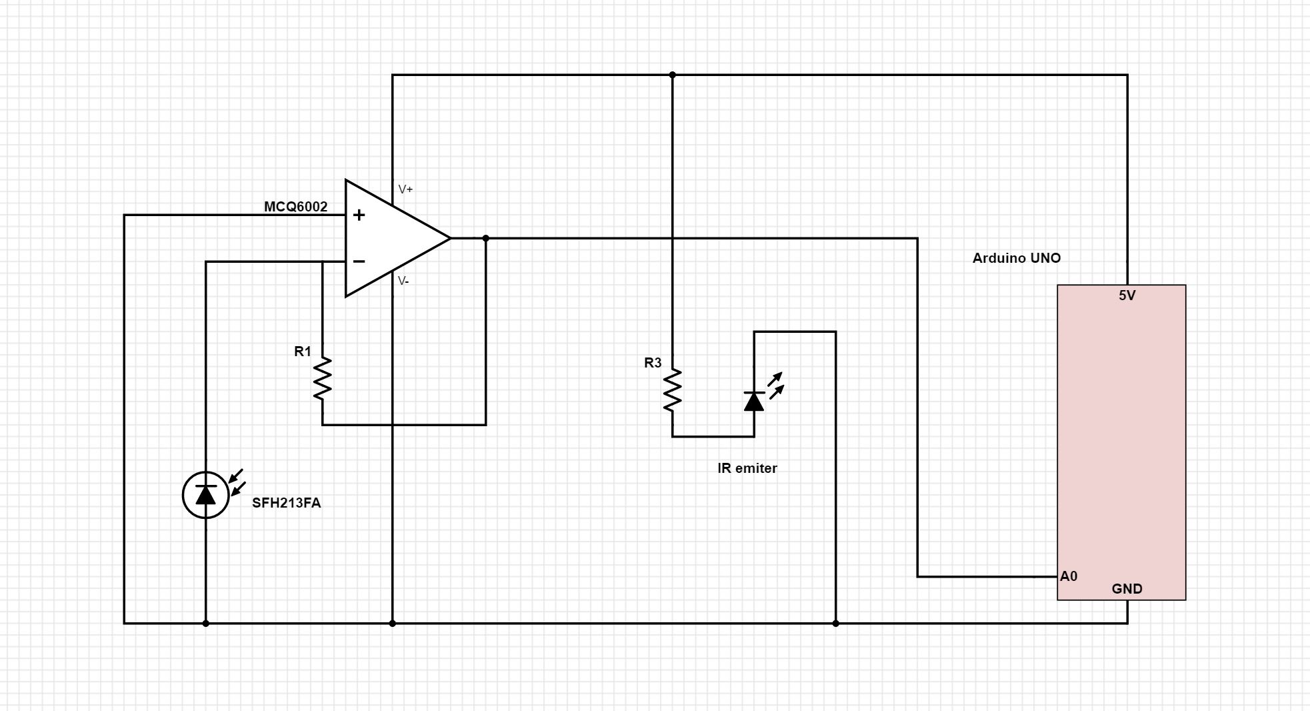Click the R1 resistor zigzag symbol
coord(323,379)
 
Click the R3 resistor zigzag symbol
coord(672,390)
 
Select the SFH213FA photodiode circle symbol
coord(206,495)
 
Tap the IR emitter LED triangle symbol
coord(754,402)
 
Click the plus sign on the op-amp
coord(359,215)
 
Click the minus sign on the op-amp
coord(359,261)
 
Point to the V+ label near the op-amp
coord(405,189)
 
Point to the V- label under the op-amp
coord(403,281)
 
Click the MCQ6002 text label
coord(295,207)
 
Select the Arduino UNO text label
coord(1016,258)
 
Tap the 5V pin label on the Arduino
coord(1127,295)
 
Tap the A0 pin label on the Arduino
coord(1068,576)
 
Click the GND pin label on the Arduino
coord(1127,589)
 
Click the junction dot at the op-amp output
coord(485,238)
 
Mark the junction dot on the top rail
coord(672,75)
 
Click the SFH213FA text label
coord(286,503)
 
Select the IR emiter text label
coord(747,468)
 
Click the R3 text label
coord(653,363)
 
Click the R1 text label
coord(303,351)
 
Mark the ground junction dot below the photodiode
coord(206,623)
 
